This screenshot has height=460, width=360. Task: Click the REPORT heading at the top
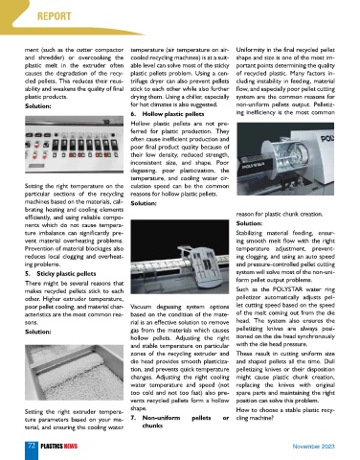pyautogui.click(x=55, y=16)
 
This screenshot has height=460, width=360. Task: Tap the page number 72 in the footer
pyautogui.click(x=32, y=446)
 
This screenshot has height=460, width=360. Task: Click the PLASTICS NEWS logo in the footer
pyautogui.click(x=59, y=447)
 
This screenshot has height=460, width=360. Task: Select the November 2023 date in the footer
pyautogui.click(x=313, y=447)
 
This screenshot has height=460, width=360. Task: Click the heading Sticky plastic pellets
pyautogui.click(x=66, y=274)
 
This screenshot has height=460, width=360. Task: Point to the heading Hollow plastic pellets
pyautogui.click(x=173, y=114)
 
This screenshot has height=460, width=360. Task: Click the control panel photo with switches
pyautogui.click(x=74, y=145)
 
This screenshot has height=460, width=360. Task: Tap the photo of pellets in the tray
pyautogui.click(x=74, y=373)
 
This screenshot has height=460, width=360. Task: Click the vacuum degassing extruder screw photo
pyautogui.click(x=180, y=257)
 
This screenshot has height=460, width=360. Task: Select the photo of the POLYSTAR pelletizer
pyautogui.click(x=285, y=159)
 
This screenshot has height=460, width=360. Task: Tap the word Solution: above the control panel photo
pyautogui.click(x=38, y=106)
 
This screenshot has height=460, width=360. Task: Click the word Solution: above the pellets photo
pyautogui.click(x=38, y=332)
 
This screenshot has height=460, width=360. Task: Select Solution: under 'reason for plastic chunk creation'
pyautogui.click(x=249, y=223)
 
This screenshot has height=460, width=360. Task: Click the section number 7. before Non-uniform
pyautogui.click(x=133, y=418)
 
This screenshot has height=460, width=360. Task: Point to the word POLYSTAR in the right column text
pyautogui.click(x=288, y=289)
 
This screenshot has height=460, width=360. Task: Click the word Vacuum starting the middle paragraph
pyautogui.click(x=140, y=307)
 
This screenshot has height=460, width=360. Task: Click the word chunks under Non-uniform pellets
pyautogui.click(x=152, y=425)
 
